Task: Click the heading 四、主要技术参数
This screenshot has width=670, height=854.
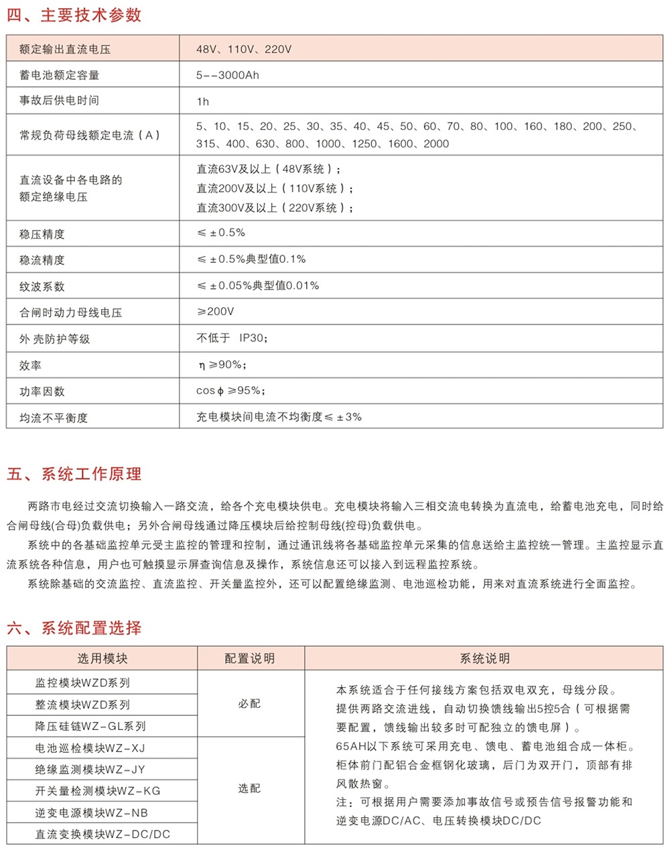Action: point(74,15)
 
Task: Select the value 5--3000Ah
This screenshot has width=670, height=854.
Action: point(227,75)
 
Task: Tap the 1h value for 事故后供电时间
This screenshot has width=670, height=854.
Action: point(202,101)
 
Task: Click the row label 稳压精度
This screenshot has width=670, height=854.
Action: point(42,234)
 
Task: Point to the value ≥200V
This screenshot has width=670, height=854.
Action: point(216,312)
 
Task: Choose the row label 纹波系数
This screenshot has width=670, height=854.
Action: point(42,286)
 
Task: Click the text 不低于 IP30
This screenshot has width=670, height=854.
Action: point(232,338)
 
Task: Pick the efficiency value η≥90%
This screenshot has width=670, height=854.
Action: point(222,365)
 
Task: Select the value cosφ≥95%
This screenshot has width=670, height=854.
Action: point(230,391)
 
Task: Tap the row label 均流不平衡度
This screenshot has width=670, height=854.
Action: point(54,418)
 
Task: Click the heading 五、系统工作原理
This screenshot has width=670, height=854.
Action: point(74,474)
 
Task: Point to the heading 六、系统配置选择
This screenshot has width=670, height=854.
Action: point(74,628)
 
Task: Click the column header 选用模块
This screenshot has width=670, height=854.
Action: point(102,658)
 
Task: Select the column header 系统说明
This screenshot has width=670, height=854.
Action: point(484,658)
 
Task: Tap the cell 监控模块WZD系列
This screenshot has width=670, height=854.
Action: point(82,683)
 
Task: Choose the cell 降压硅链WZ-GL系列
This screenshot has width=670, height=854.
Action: point(90,726)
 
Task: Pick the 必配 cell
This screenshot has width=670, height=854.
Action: point(249,704)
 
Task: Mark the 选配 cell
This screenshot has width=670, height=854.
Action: point(249,789)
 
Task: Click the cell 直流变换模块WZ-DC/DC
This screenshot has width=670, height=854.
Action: point(103,835)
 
